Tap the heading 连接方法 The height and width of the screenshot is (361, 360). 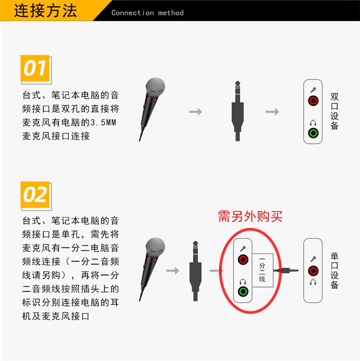(46, 11)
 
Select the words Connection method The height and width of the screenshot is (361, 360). (147, 13)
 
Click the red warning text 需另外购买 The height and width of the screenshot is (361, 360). (250, 216)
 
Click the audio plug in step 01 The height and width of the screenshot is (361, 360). (238, 111)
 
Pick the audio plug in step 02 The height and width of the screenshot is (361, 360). (195, 271)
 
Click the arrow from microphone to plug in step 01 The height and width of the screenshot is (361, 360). (195, 112)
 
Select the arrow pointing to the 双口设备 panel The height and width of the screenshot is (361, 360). (272, 112)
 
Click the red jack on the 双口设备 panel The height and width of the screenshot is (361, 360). (313, 101)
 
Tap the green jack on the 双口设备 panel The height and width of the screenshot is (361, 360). (313, 133)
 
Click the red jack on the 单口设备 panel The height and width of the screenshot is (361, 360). (313, 271)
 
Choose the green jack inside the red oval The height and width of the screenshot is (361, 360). (243, 291)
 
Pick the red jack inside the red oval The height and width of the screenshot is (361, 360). (243, 260)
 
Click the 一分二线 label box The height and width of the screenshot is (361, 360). (263, 270)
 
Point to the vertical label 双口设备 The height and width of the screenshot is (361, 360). (335, 111)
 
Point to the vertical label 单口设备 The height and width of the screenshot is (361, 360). (335, 270)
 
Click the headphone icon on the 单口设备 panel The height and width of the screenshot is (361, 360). (313, 282)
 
